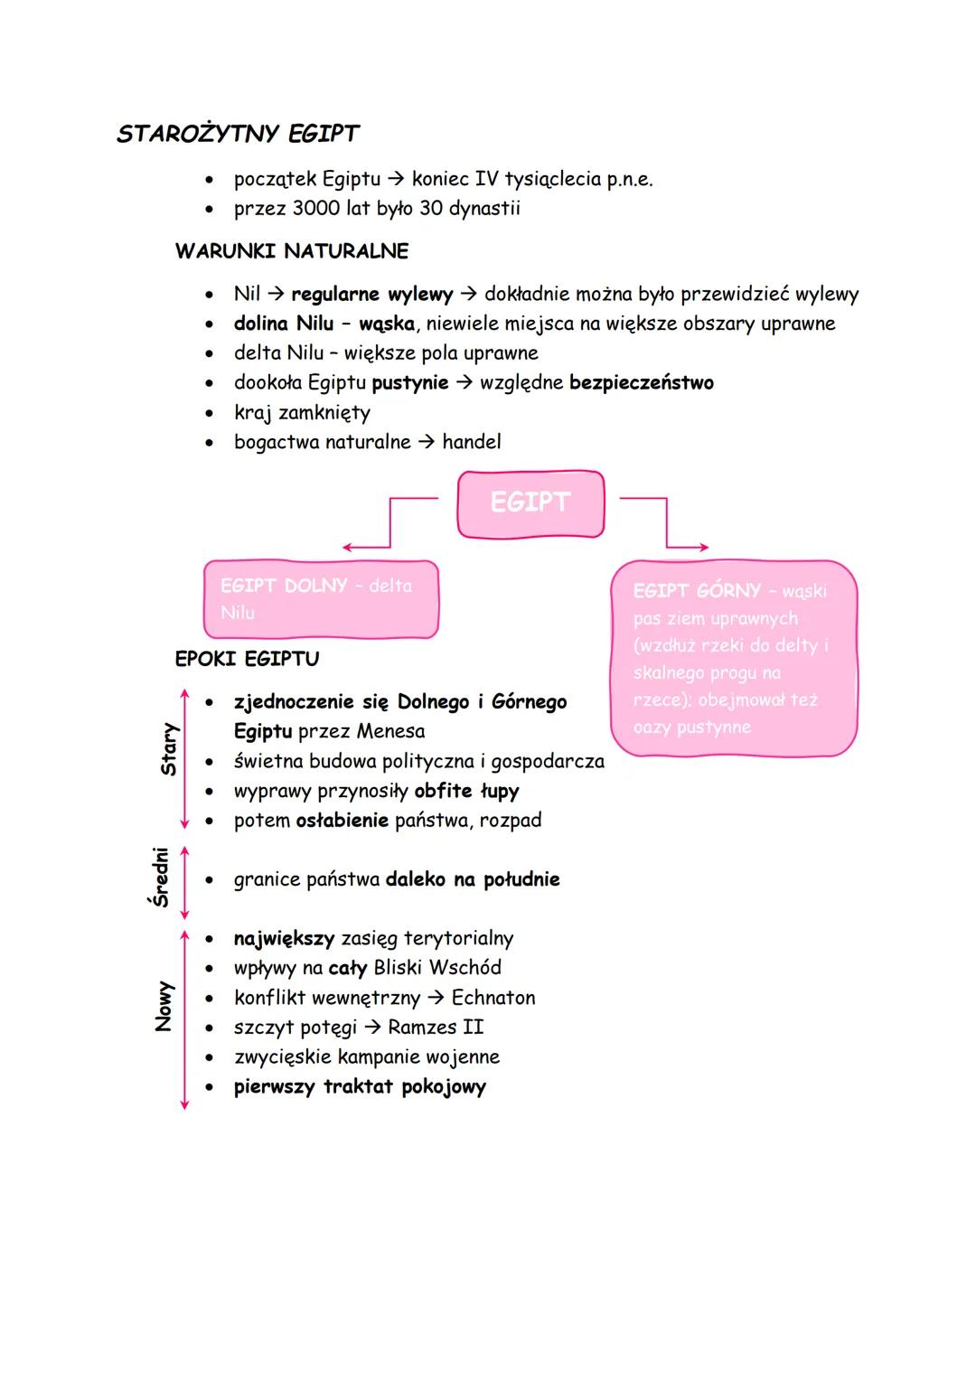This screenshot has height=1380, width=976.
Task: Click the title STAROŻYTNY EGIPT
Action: click(x=238, y=134)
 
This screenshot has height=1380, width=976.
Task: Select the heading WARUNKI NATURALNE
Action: click(x=291, y=251)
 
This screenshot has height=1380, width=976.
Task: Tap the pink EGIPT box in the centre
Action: click(x=530, y=502)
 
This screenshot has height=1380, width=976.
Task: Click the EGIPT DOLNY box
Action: click(x=321, y=599)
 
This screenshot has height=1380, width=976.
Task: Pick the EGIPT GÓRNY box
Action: click(x=733, y=658)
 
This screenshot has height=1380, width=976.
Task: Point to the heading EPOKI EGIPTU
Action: click(x=247, y=659)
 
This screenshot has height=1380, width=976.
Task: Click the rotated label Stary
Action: click(x=169, y=749)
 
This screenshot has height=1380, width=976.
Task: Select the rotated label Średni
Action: click(x=161, y=877)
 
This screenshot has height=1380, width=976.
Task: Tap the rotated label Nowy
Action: click(x=164, y=1006)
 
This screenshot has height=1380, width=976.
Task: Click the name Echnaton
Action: click(x=493, y=998)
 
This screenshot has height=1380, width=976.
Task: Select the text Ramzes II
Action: click(x=436, y=1028)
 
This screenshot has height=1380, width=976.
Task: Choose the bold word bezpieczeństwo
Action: click(x=641, y=382)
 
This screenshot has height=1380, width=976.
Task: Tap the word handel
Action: click(x=471, y=442)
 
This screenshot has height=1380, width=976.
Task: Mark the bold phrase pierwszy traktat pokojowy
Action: click(x=360, y=1086)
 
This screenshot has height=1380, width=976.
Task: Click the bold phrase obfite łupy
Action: click(x=466, y=791)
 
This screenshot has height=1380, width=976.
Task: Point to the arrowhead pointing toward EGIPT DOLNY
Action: click(x=347, y=548)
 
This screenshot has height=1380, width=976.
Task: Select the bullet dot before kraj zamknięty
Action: click(x=210, y=414)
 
